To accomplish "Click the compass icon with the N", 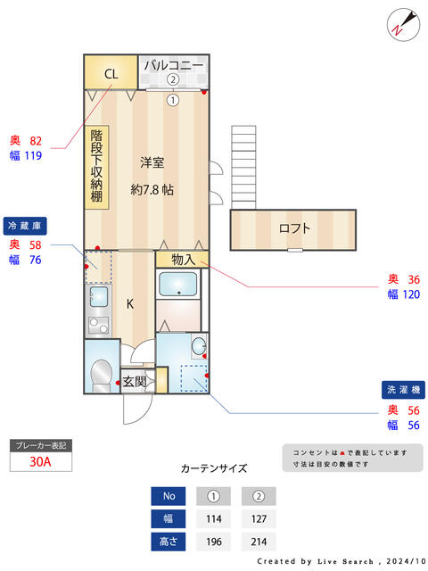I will (402, 23).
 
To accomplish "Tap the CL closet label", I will (111, 74).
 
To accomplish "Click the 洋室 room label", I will (152, 162).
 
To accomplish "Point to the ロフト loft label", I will (294, 228).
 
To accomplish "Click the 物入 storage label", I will (183, 260).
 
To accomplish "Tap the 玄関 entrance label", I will (135, 381).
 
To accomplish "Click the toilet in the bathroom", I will (103, 374).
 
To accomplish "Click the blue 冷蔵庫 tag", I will (27, 225).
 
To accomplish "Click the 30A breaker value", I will (39, 462).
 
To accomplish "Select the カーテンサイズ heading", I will (214, 468).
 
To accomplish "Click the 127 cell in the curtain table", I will (259, 519).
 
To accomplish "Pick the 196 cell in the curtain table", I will (214, 542).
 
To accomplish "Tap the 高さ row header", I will (169, 542).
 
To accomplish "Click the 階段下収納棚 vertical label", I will (96, 167).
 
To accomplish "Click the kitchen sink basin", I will (99, 297).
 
